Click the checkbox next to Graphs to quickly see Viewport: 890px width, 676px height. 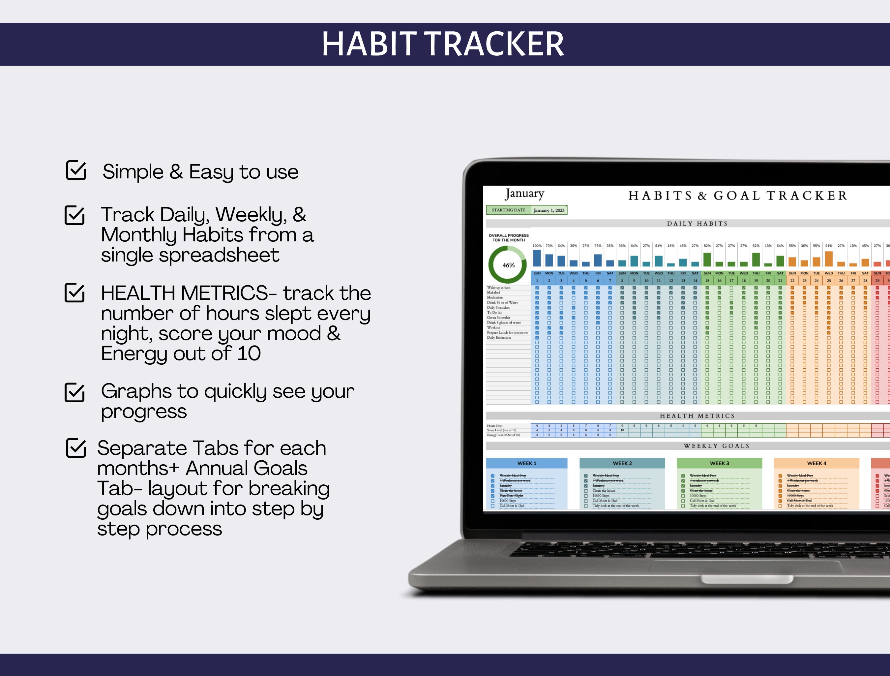pyautogui.click(x=75, y=392)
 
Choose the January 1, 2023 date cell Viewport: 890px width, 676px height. pyautogui.click(x=549, y=210)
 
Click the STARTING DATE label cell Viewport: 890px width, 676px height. pyautogui.click(x=509, y=210)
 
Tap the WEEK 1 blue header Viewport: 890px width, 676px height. pyautogui.click(x=527, y=463)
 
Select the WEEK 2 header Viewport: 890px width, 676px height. pyautogui.click(x=622, y=463)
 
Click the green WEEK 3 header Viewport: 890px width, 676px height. pyautogui.click(x=719, y=463)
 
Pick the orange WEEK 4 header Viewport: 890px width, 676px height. pyautogui.click(x=816, y=463)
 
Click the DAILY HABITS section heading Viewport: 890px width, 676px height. pyautogui.click(x=697, y=224)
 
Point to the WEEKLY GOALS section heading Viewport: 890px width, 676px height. pyautogui.click(x=717, y=446)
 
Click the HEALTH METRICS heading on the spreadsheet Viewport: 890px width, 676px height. pyautogui.click(x=697, y=416)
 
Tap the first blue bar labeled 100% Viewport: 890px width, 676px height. pyautogui.click(x=537, y=258)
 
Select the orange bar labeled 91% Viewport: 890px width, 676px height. pyautogui.click(x=828, y=259)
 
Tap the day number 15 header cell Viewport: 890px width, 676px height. pyautogui.click(x=707, y=281)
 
